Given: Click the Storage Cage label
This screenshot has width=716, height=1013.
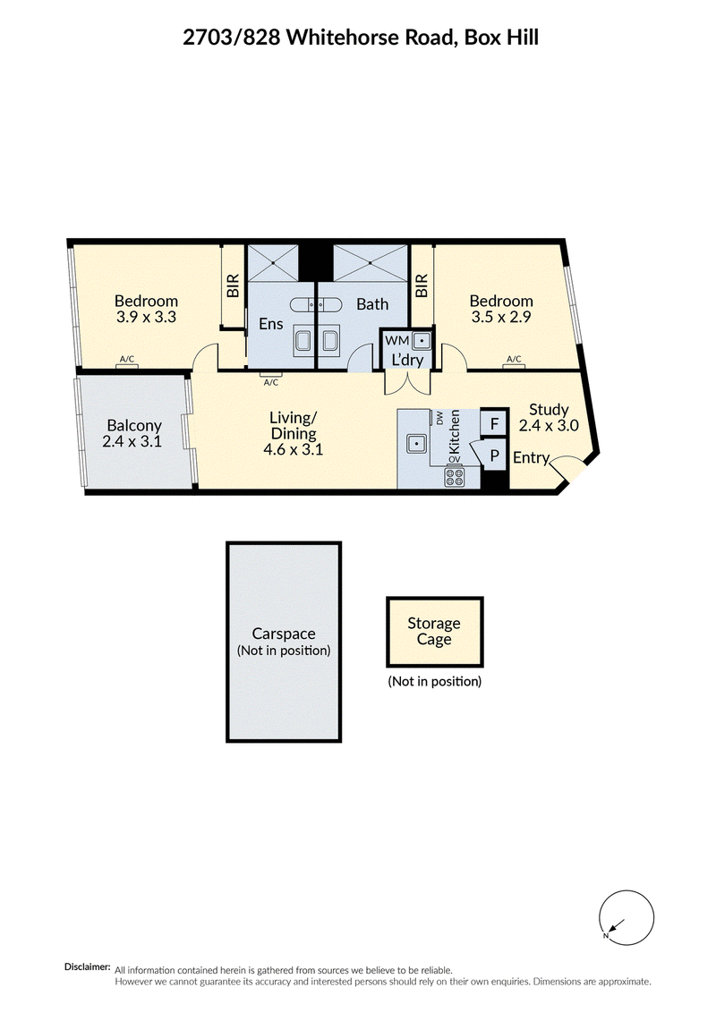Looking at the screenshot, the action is pyautogui.click(x=433, y=631).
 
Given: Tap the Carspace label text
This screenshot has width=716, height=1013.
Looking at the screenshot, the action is pyautogui.click(x=284, y=634).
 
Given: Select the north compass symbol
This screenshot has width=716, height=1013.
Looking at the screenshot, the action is pyautogui.click(x=626, y=917).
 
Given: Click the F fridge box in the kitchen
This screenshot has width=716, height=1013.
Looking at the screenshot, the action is pyautogui.click(x=494, y=424).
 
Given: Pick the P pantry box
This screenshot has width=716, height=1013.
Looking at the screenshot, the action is pyautogui.click(x=494, y=455).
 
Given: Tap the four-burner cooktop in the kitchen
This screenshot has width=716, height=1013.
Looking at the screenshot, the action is pyautogui.click(x=455, y=477).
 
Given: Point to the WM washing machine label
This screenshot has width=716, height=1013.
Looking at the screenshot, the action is pyautogui.click(x=396, y=340).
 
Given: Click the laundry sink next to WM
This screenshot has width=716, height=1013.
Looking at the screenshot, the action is pyautogui.click(x=422, y=340).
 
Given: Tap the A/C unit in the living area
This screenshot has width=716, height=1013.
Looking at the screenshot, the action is pyautogui.click(x=271, y=375).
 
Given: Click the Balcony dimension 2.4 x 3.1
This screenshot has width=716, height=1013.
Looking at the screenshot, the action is pyautogui.click(x=132, y=442).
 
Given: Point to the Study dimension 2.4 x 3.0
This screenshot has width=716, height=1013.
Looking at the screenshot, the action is pyautogui.click(x=549, y=426).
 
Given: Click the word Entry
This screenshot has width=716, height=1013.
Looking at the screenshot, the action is pyautogui.click(x=532, y=457).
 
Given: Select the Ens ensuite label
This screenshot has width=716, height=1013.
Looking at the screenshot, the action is pyautogui.click(x=271, y=323).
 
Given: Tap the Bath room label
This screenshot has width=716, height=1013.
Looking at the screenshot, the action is pyautogui.click(x=373, y=303).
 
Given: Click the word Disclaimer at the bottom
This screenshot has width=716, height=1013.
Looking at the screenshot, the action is pyautogui.click(x=87, y=967).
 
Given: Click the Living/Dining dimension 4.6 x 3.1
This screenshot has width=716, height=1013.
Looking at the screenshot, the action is pyautogui.click(x=294, y=449).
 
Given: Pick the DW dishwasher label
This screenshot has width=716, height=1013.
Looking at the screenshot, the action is pyautogui.click(x=440, y=419).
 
